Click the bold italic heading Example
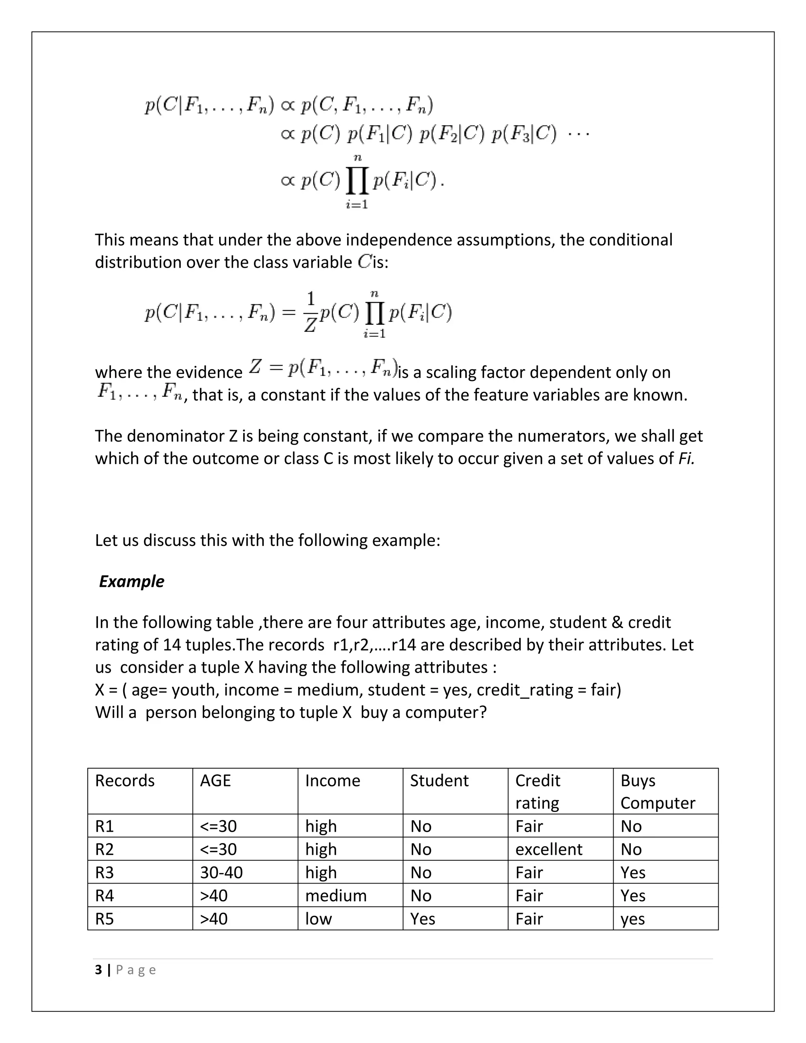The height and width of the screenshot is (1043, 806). tap(131, 581)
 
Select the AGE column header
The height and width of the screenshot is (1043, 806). tap(215, 780)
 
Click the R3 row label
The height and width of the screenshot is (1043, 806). tap(105, 873)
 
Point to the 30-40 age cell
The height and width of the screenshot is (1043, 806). tap(221, 873)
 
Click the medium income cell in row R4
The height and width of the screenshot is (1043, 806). tap(336, 895)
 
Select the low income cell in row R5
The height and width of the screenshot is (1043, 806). tap(318, 919)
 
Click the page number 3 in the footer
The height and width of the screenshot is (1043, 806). tap(98, 970)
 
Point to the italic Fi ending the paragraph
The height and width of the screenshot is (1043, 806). tap(686, 459)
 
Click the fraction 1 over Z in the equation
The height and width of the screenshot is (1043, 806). tap(311, 313)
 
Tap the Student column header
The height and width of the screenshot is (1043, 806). tap(439, 780)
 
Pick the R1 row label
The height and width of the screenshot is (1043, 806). tap(105, 826)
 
